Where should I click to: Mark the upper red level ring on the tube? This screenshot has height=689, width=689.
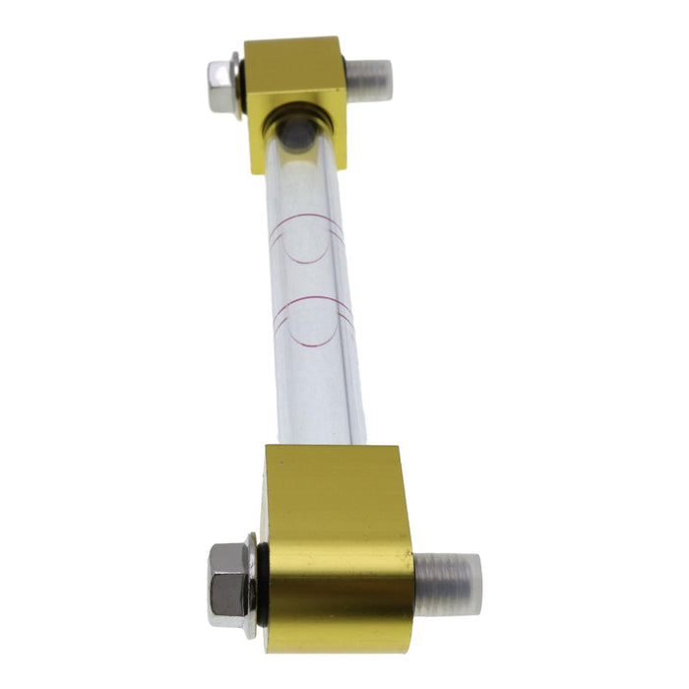click(x=307, y=237)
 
